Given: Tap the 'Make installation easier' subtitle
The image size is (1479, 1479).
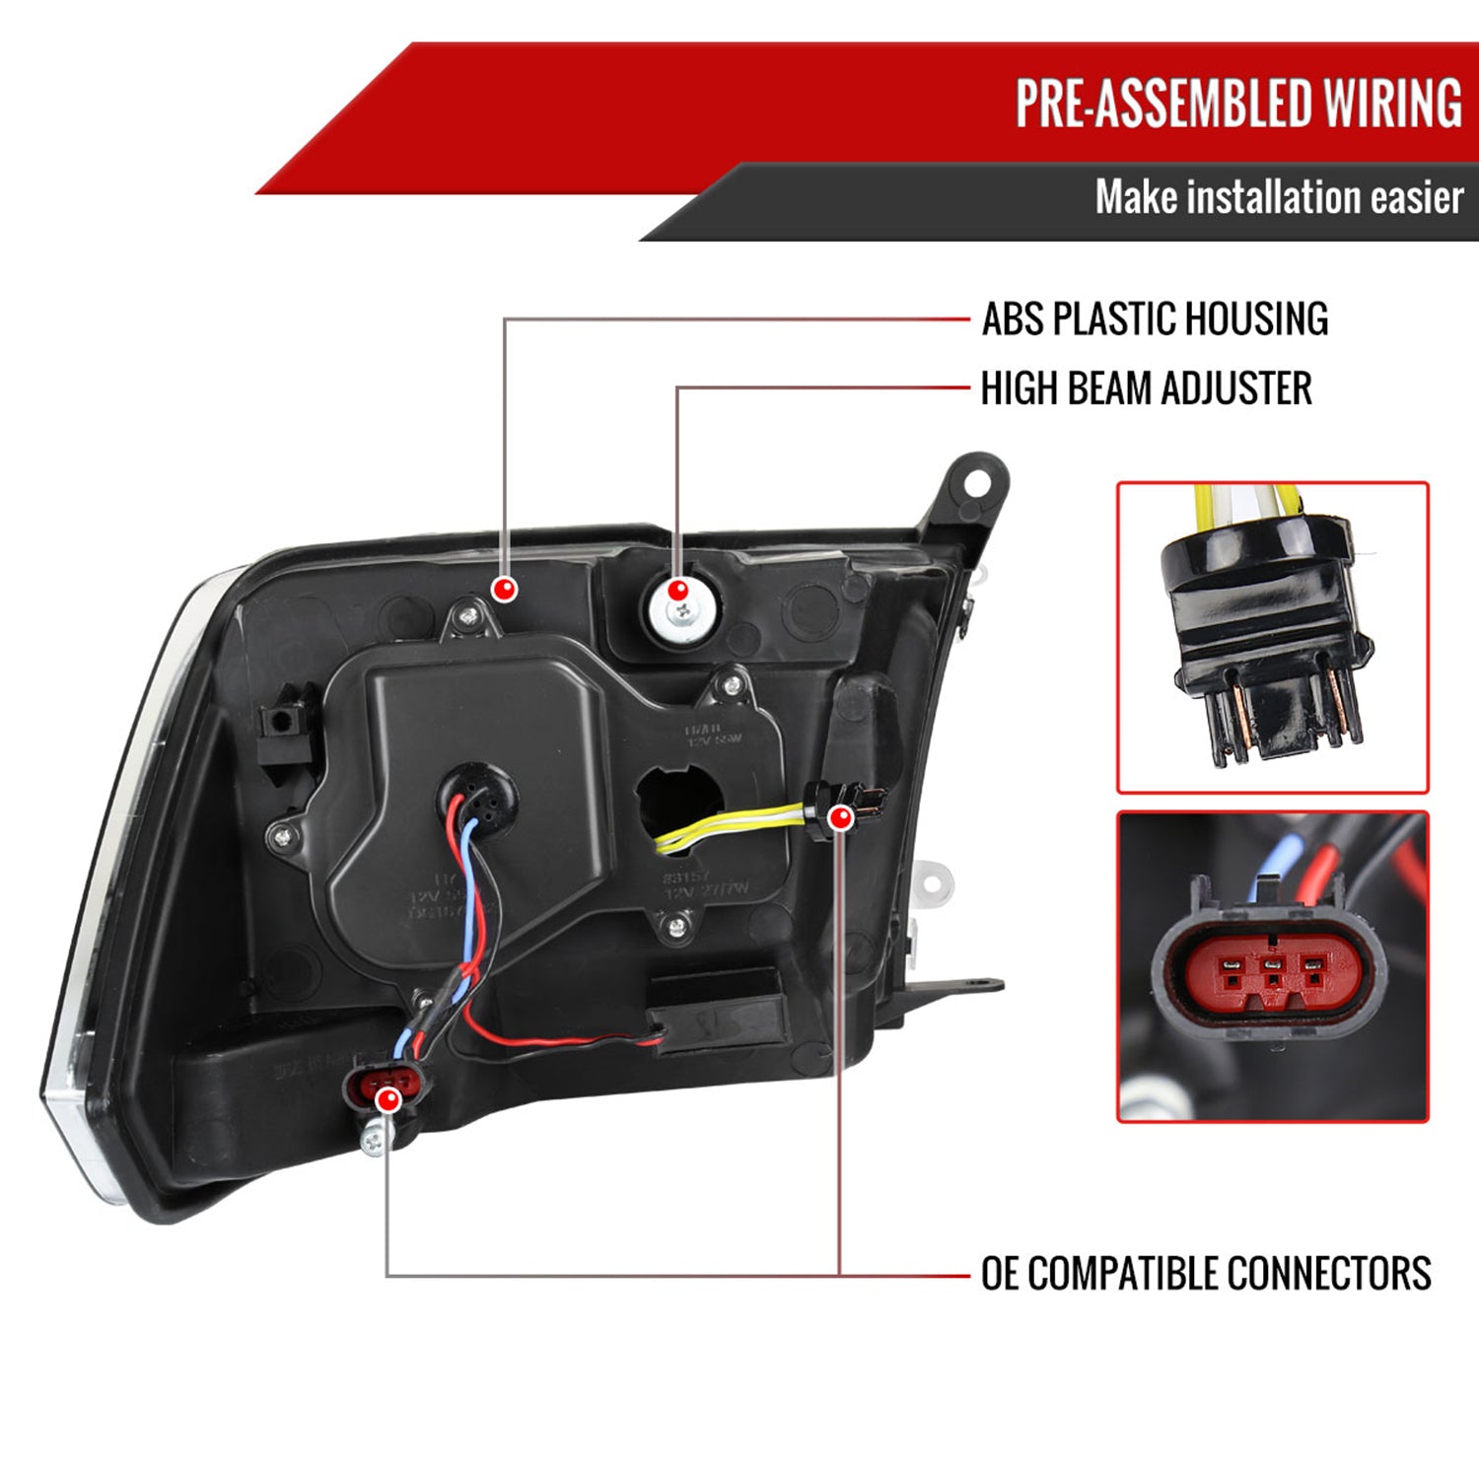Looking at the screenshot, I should (1279, 197).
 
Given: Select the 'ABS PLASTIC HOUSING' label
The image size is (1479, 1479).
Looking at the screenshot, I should (1155, 319).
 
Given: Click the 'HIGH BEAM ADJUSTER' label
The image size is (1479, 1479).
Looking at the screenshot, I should (1146, 388).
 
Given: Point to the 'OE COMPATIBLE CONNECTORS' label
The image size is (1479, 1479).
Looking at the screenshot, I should (1205, 1273).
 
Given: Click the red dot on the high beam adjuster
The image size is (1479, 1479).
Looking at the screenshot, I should (677, 591).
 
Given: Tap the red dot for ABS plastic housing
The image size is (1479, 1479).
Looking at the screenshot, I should (505, 590).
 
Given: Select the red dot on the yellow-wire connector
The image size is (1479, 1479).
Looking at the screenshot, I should (840, 817).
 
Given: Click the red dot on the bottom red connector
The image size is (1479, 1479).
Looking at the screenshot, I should (389, 1098).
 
